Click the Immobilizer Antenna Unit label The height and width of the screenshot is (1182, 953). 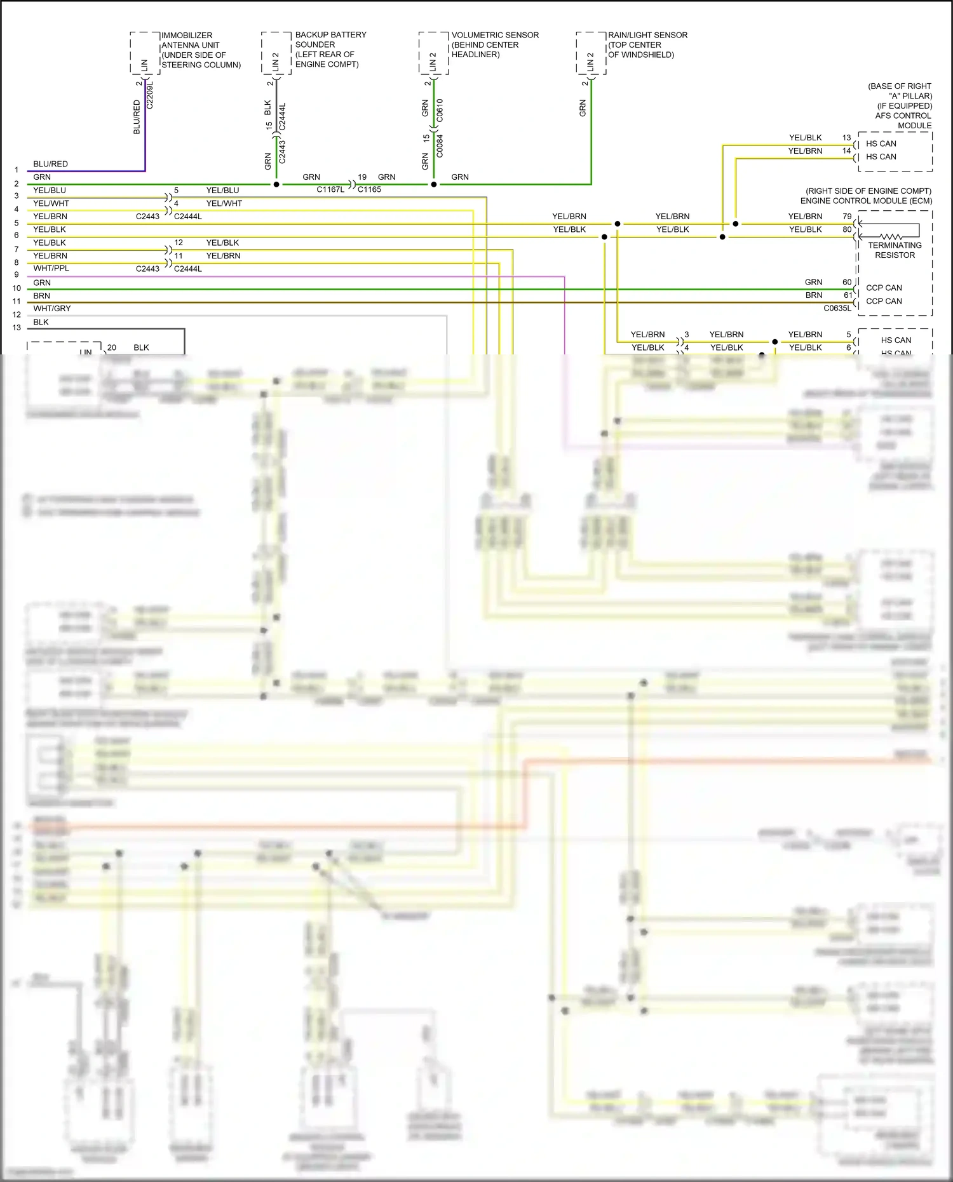(200, 50)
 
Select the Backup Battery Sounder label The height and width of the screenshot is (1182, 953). (330, 50)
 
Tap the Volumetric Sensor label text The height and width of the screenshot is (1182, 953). (494, 44)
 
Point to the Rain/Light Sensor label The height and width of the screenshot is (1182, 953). (647, 44)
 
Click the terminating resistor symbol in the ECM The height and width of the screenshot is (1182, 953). (890, 237)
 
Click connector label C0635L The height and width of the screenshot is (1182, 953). (837, 309)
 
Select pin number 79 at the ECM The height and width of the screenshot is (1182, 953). (847, 217)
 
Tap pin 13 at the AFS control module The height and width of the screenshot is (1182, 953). (846, 138)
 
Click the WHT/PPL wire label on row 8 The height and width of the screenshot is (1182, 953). (51, 269)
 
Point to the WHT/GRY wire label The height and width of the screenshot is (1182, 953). (52, 309)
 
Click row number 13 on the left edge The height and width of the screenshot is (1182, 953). (17, 328)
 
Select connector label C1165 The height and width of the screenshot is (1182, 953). (369, 189)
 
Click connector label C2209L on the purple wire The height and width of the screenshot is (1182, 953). (150, 95)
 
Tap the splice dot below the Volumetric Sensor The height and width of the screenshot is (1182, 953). (434, 185)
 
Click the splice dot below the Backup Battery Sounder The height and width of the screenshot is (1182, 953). (276, 185)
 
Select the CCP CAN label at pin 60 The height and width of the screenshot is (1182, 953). (883, 288)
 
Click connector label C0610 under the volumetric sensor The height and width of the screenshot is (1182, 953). (440, 111)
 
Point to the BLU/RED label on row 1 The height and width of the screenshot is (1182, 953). (50, 164)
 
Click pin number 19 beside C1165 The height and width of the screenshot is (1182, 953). (362, 177)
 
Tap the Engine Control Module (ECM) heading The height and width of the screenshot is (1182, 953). (866, 201)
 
